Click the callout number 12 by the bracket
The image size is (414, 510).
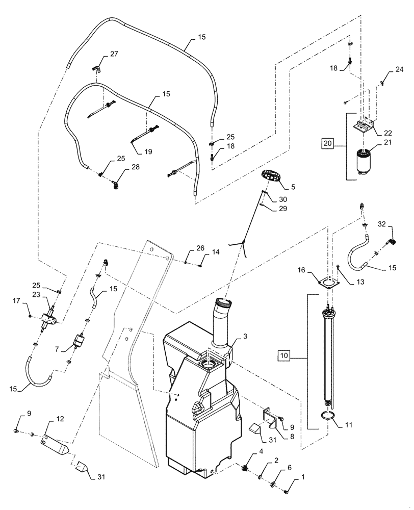tap(60, 419)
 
